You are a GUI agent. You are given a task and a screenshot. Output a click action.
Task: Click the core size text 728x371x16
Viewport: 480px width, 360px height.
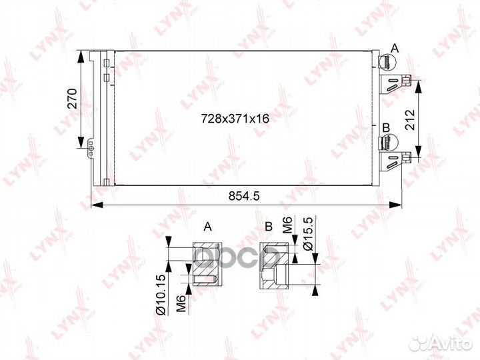[x=235, y=118]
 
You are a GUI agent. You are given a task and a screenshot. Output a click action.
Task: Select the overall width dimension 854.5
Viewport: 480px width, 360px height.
[x=244, y=196]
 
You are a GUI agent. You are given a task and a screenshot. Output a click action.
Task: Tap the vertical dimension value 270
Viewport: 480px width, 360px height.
[x=72, y=99]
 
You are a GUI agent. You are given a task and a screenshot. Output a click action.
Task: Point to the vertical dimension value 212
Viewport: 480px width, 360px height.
[x=409, y=120]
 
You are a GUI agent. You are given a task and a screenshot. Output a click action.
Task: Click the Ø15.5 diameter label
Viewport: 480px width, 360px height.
[x=308, y=234]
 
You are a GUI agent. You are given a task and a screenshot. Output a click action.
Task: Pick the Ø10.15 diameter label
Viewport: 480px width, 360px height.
[x=161, y=295]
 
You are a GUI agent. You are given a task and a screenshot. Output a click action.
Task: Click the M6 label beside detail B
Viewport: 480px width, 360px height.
[x=287, y=225]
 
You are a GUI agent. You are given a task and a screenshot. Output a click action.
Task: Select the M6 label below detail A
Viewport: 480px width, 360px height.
[x=181, y=303]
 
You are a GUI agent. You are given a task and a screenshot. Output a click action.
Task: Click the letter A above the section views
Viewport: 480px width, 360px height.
[x=207, y=227]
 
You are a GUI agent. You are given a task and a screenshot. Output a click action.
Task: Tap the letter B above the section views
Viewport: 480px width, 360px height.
[x=269, y=227]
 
